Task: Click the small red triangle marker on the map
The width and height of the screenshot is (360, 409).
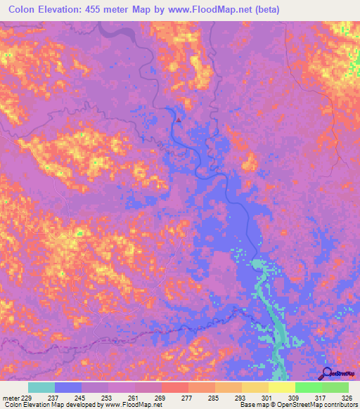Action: coord(178,119)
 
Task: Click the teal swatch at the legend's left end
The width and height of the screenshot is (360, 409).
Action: coord(41,387)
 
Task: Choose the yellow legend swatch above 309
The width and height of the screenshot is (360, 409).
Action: coord(281,387)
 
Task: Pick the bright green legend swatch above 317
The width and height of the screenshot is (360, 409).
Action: coord(308,387)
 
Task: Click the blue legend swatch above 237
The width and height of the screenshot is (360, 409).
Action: coord(68,387)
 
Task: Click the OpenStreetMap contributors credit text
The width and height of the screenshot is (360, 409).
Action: coord(320,405)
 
